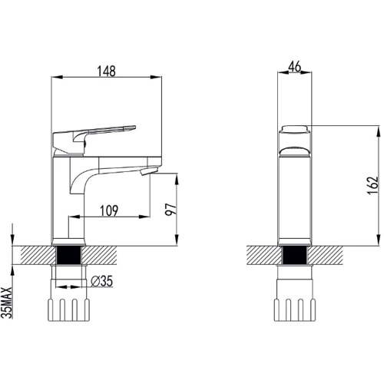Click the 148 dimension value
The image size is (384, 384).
point(108,71)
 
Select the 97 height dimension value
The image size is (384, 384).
point(171,209)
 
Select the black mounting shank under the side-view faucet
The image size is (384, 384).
point(70,256)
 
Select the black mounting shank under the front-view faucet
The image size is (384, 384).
point(295,257)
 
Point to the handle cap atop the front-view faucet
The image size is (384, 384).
point(295,130)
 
